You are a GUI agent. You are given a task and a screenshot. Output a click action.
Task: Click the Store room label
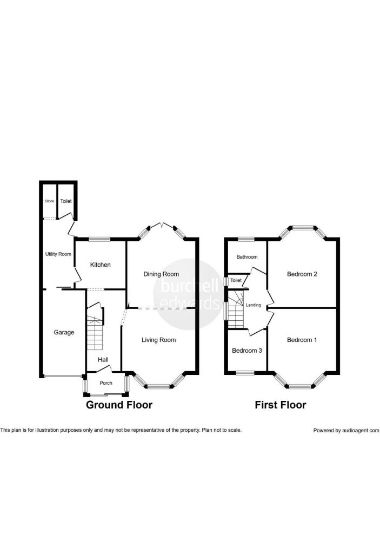(x=50, y=201)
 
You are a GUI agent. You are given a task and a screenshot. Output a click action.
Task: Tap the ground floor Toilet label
(x=66, y=201)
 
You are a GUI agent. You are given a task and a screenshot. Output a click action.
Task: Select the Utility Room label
(x=58, y=254)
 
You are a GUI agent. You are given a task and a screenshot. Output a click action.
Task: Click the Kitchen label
(x=101, y=265)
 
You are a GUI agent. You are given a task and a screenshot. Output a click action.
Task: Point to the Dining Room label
(x=161, y=274)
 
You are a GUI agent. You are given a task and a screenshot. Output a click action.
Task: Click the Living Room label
(x=159, y=340)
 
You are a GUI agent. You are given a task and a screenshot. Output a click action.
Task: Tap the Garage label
(x=64, y=332)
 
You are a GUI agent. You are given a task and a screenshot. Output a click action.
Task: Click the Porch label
(x=106, y=384)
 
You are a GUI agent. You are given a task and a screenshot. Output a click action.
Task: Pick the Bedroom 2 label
(x=302, y=274)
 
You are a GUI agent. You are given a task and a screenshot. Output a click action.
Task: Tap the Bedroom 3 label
(x=247, y=351)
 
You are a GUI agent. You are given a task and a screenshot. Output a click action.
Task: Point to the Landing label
(x=254, y=305)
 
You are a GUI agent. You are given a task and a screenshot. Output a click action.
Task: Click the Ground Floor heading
(x=119, y=405)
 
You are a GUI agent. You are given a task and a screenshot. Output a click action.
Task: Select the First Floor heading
(x=281, y=405)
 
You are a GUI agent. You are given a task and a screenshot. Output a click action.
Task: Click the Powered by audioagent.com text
(x=346, y=431)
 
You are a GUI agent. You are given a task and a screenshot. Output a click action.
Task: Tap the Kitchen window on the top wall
(x=99, y=239)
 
